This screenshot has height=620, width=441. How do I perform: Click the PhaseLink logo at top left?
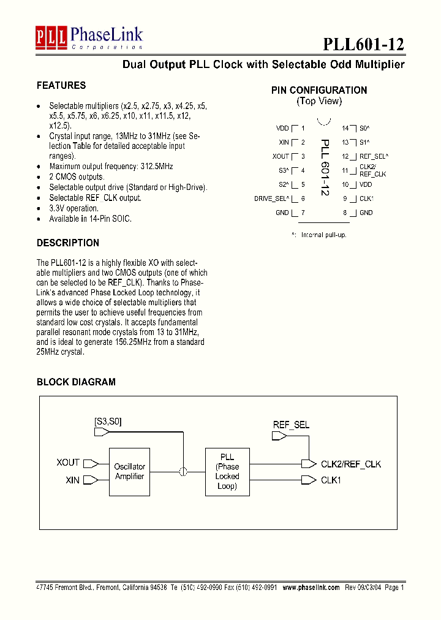coord(89,38)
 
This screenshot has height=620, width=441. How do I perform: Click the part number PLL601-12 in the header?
coord(363,44)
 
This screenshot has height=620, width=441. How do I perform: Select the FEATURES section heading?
coord(61,85)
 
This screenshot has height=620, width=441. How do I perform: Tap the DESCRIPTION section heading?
coord(67,243)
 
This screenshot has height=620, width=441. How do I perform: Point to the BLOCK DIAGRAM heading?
coord(76,382)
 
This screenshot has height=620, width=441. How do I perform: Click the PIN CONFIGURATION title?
coord(319,90)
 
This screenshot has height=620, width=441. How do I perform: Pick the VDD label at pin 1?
coord(282,128)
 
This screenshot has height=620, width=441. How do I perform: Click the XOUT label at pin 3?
coord(281,156)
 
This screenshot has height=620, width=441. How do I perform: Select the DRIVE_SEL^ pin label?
coord(271,198)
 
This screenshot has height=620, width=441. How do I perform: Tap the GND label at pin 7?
coord(282,213)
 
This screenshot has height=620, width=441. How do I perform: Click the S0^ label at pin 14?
coord(364,128)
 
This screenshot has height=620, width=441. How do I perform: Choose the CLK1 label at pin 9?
coord(366,198)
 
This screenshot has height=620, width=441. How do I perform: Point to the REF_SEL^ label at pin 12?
coord(374,156)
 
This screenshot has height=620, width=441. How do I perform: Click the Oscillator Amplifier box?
coord(130,471)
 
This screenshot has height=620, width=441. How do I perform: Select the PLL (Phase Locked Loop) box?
coord(227,471)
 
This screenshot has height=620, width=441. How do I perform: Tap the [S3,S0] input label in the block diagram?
coord(108,422)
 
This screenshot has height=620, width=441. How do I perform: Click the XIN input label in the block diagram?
coord(72,480)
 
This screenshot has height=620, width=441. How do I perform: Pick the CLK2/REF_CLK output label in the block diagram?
coord(351,464)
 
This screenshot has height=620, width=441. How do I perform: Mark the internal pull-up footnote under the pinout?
coord(319,235)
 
